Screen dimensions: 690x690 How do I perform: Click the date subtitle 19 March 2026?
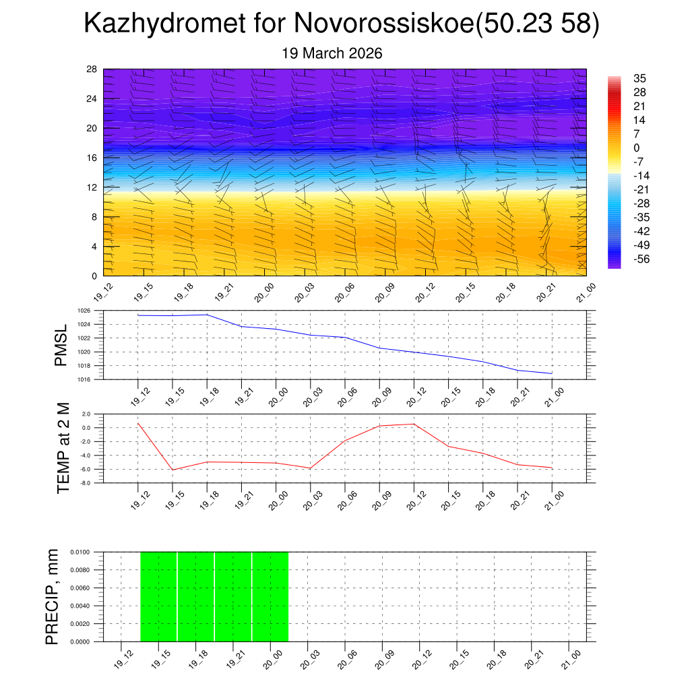point(332,53)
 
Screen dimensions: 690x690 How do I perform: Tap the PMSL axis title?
point(61,346)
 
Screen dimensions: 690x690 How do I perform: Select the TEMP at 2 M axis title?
point(63,448)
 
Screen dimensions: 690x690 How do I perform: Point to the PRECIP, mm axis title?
point(52,596)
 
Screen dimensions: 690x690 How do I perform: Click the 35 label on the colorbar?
point(639,78)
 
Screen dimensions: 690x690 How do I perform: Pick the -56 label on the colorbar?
point(641,259)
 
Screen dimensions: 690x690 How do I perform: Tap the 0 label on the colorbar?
point(636,148)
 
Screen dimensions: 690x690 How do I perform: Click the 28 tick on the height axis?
point(92,69)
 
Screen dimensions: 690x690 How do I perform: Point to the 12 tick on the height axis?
point(92,187)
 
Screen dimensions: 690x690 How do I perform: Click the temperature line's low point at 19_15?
point(172,470)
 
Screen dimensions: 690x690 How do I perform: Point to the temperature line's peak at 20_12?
point(414,424)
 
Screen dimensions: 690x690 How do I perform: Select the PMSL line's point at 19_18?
point(207,315)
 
